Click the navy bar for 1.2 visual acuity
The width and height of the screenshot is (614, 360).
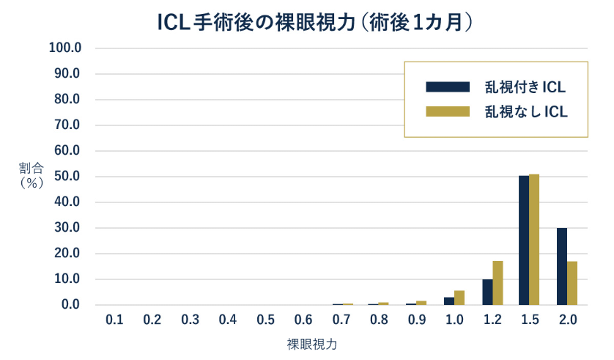(x=487, y=292)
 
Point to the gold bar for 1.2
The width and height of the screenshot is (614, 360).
(x=498, y=283)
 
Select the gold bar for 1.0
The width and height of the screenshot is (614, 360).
(x=459, y=298)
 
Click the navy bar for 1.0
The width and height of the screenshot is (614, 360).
(x=449, y=301)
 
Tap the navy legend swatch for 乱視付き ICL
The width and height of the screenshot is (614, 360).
(x=447, y=87)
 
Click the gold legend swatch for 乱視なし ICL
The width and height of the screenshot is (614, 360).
(x=447, y=111)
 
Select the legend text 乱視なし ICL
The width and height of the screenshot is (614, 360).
(x=525, y=111)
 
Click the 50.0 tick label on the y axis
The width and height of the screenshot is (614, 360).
(x=67, y=177)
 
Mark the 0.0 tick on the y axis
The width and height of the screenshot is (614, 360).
(x=70, y=305)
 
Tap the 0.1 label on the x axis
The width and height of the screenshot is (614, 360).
(x=114, y=320)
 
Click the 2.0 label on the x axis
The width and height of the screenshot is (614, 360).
(x=567, y=320)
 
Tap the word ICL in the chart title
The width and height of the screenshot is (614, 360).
(x=174, y=23)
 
